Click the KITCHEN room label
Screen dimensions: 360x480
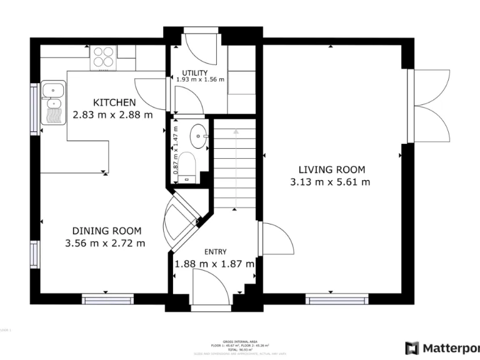click(114, 102)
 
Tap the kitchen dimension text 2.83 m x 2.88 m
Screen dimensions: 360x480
click(112, 115)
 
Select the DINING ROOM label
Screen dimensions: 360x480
click(106, 231)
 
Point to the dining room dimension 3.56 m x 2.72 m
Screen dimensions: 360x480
click(105, 243)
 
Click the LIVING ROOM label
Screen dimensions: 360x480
click(331, 169)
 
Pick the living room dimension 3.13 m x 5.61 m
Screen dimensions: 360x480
click(330, 182)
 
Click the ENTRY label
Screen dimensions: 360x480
click(215, 251)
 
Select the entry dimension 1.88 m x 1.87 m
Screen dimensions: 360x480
click(214, 264)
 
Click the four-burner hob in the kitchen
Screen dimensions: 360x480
click(104, 57)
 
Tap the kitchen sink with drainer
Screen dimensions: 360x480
click(52, 103)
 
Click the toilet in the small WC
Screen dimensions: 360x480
click(187, 167)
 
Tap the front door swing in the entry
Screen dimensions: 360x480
click(210, 286)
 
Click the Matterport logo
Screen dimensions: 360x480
click(441, 347)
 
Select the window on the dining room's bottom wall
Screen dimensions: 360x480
click(108, 300)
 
